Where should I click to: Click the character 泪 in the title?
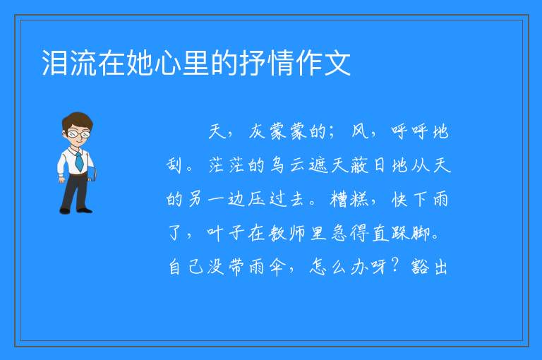(54, 63)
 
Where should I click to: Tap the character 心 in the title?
(168, 63)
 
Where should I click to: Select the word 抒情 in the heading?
(266, 63)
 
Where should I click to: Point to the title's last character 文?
(337, 63)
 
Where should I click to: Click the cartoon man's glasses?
(78, 133)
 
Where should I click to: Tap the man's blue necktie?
(79, 161)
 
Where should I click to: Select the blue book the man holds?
(92, 174)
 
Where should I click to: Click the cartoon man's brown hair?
(78, 120)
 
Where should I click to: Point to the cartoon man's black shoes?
(76, 210)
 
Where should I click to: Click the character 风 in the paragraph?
(360, 131)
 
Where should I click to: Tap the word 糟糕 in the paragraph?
(349, 199)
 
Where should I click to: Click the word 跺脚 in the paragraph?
(411, 233)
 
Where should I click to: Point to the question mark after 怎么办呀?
(396, 265)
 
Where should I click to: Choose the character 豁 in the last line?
(420, 267)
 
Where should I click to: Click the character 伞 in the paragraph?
(277, 267)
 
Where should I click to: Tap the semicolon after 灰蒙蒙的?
(332, 133)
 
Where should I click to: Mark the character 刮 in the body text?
(174, 165)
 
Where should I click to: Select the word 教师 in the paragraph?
(277, 233)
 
